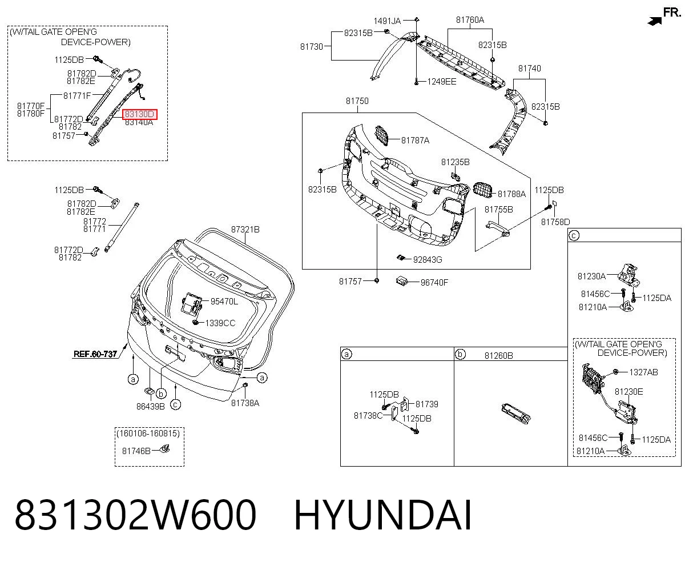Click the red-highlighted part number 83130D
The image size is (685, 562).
140,114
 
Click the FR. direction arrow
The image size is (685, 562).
655,21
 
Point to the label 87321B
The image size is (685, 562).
245,230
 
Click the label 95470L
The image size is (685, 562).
224,302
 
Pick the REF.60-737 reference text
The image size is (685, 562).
95,354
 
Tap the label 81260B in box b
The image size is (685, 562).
498,356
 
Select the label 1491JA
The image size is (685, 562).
387,21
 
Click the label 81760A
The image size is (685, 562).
470,20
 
